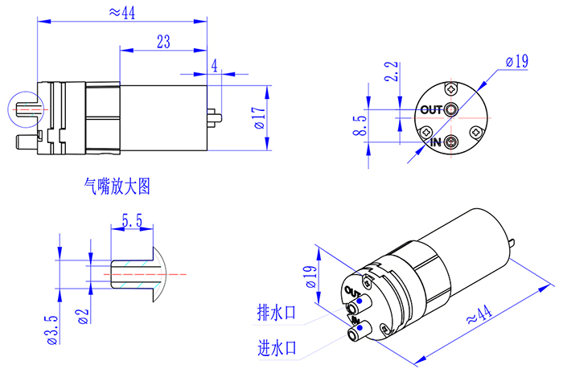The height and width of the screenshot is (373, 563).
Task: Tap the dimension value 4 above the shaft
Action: [x=214, y=66]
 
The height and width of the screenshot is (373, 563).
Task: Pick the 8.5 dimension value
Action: [x=360, y=125]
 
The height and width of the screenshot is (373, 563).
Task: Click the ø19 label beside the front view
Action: [x=516, y=60]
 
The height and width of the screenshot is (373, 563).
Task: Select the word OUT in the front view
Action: [x=432, y=109]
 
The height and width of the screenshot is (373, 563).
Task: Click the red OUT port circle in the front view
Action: [x=451, y=109]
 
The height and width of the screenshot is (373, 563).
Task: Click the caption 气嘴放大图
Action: [x=117, y=186]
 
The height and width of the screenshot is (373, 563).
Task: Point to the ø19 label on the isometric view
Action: [x=308, y=276]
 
